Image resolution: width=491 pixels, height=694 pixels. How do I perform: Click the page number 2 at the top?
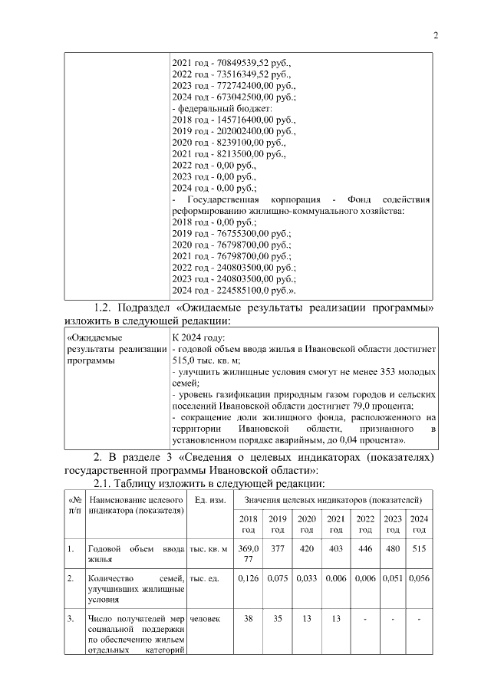[x=435, y=35]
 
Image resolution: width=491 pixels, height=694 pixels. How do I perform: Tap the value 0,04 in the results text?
[x=341, y=439]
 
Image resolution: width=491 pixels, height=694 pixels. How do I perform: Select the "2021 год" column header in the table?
[x=336, y=525]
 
